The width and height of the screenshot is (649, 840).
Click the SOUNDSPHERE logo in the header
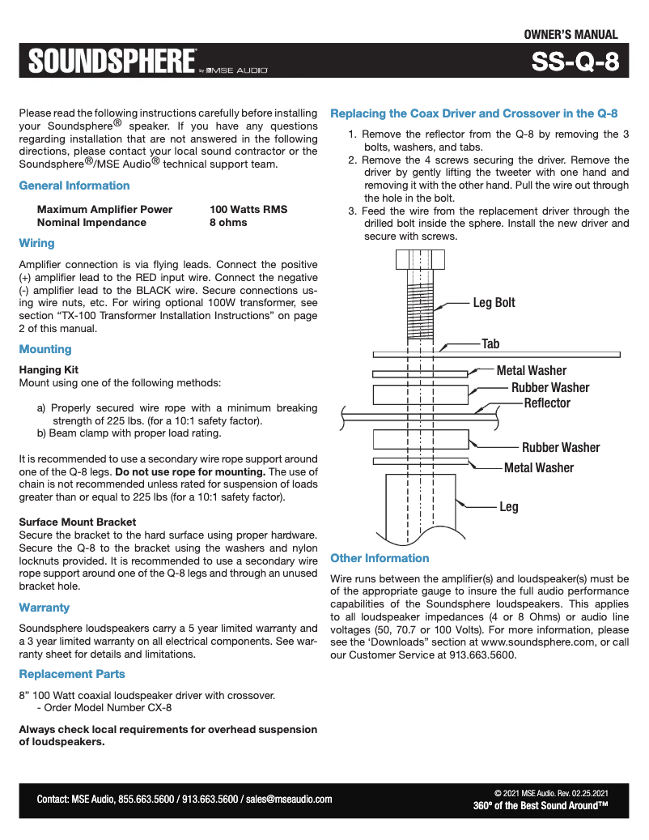click(112, 61)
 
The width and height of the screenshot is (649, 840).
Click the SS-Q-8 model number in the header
click(575, 62)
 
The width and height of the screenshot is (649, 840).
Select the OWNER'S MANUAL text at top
click(571, 35)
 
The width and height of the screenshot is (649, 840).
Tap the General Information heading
click(74, 185)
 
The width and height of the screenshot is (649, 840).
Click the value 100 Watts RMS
click(248, 209)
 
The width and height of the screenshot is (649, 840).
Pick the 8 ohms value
click(228, 222)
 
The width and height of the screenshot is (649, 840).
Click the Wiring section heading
click(36, 243)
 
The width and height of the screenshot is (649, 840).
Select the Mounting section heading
click(45, 349)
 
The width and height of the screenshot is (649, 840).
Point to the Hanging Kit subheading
click(49, 369)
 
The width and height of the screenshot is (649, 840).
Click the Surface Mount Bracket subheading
click(78, 522)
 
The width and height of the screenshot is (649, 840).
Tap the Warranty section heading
click(45, 608)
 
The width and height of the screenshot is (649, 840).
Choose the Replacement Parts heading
click(72, 674)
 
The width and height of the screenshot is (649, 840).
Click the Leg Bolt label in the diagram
click(494, 303)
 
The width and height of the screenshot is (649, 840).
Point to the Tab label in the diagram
click(490, 344)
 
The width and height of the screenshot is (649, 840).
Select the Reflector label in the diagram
click(547, 403)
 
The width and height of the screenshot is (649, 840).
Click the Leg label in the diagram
click(508, 507)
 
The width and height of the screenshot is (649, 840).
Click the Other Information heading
click(380, 558)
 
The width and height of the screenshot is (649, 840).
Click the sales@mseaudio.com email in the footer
click(289, 799)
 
